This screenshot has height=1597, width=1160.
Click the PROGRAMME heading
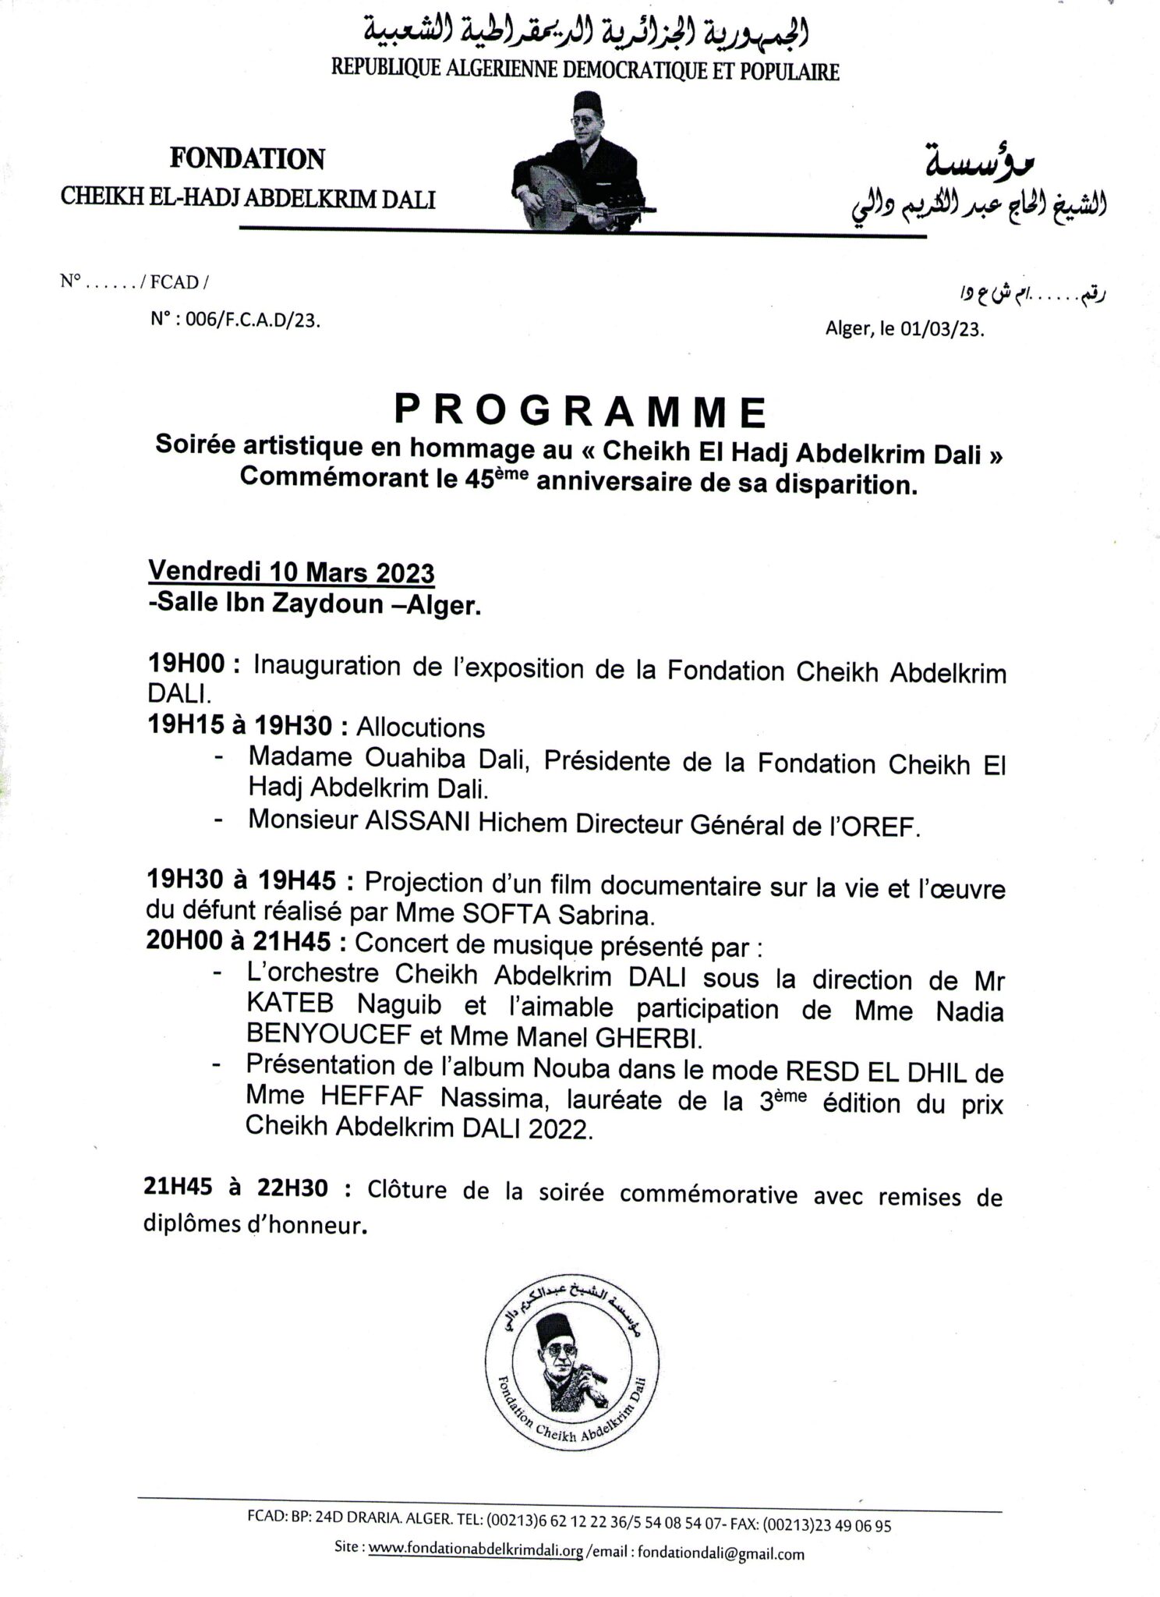point(580,412)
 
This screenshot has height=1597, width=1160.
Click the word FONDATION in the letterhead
point(247,159)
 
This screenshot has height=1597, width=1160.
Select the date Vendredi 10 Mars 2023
point(291,572)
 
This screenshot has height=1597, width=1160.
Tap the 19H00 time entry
point(185,665)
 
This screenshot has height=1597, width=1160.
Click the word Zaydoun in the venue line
point(325,605)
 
